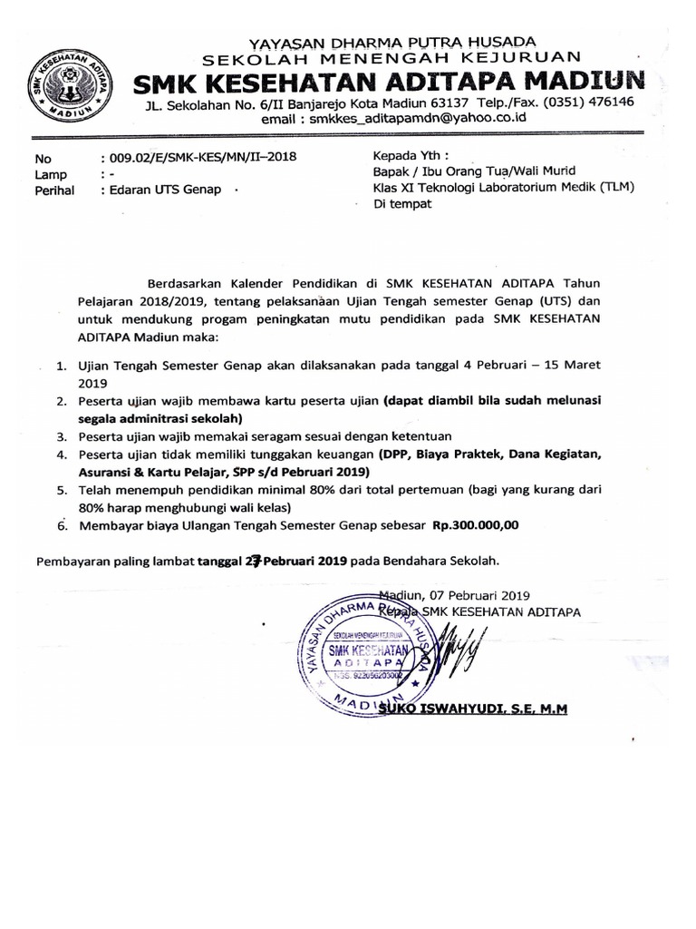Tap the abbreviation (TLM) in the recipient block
point(614,187)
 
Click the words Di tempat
point(403,204)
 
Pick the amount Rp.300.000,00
point(476,525)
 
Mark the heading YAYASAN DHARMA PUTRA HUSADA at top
point(391,41)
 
